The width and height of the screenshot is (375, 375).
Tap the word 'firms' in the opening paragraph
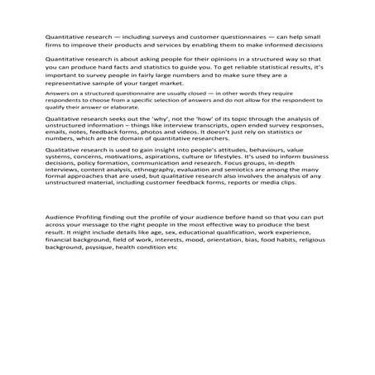55,46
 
